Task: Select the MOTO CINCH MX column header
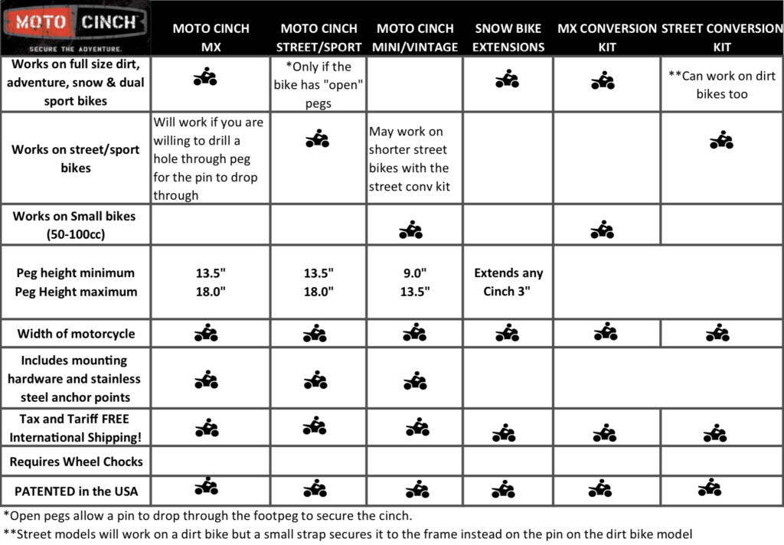(211, 38)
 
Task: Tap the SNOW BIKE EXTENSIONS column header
(508, 38)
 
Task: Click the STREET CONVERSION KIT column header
(721, 38)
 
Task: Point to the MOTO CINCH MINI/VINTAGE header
(416, 38)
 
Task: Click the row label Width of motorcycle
(76, 334)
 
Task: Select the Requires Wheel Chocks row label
(76, 462)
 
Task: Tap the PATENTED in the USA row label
(76, 491)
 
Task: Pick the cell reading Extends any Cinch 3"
(508, 282)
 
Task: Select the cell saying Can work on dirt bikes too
(721, 85)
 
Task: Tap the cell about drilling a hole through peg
(210, 158)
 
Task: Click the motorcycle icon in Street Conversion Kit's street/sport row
(721, 140)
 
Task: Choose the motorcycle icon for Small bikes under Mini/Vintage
(411, 230)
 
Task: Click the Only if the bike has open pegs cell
(318, 85)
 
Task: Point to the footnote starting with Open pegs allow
(207, 515)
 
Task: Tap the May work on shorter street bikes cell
(413, 158)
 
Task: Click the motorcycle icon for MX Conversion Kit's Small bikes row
(603, 229)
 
